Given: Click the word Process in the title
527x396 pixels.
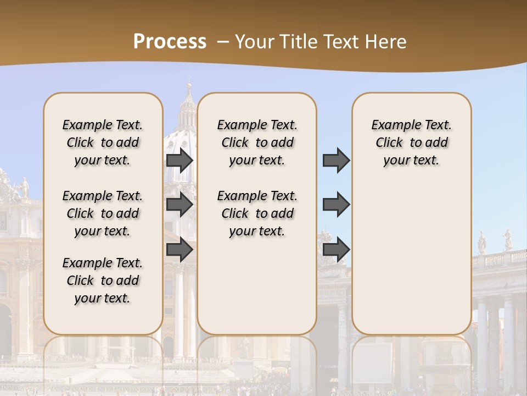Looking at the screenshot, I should [x=170, y=42].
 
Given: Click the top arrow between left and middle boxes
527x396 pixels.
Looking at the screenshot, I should [x=180, y=160].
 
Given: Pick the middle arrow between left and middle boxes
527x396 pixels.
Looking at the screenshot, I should [x=180, y=205].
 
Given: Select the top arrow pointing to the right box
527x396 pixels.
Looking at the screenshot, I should [x=336, y=160].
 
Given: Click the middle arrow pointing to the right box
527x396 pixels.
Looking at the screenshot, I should [x=336, y=205].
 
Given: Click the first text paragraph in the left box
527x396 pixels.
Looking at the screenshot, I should [x=103, y=142].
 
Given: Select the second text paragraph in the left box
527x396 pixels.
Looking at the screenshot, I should [x=103, y=213].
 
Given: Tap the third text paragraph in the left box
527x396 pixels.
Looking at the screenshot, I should [x=103, y=280].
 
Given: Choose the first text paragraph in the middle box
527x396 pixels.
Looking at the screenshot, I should [x=257, y=142].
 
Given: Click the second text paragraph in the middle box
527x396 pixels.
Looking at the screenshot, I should [x=257, y=213].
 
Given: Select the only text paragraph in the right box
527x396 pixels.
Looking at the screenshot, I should [x=411, y=142].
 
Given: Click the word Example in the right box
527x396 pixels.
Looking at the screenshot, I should [x=396, y=125].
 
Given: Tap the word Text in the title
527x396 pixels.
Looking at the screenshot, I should [x=343, y=42].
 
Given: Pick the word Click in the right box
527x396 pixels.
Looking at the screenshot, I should [x=389, y=143].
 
